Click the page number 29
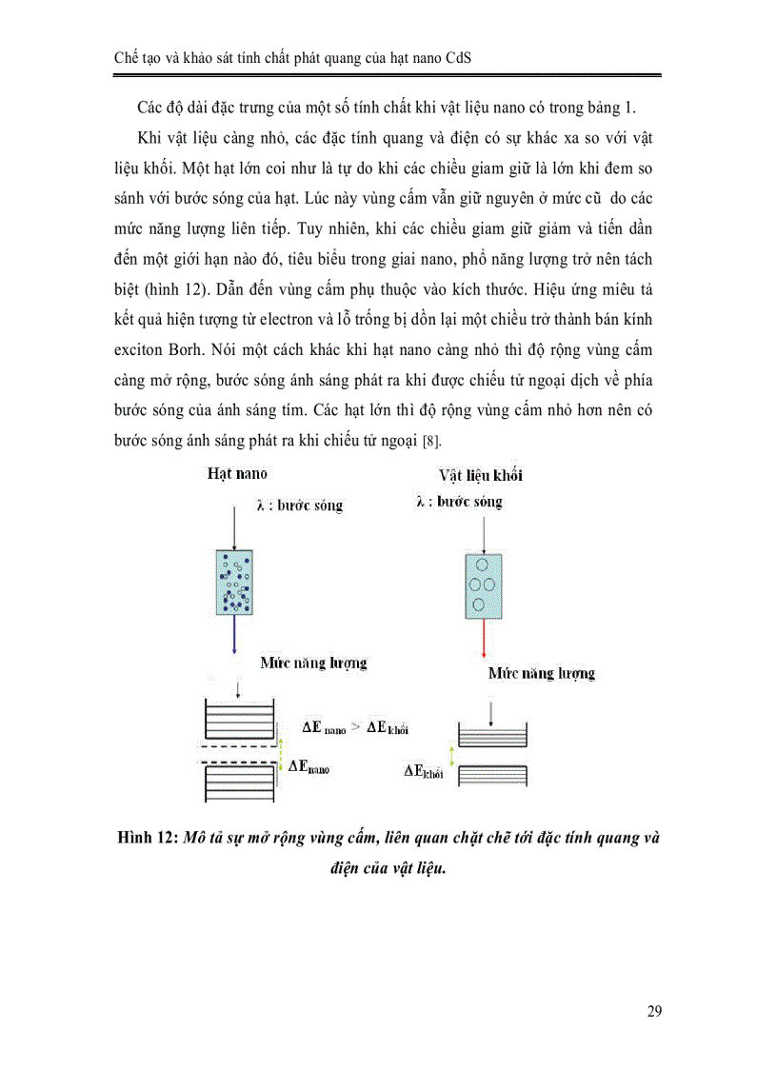click(653, 1011)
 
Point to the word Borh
click(203, 350)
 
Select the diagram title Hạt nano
click(236, 473)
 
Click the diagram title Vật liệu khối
click(480, 475)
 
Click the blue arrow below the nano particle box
click(233, 637)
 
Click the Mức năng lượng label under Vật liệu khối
click(542, 673)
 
